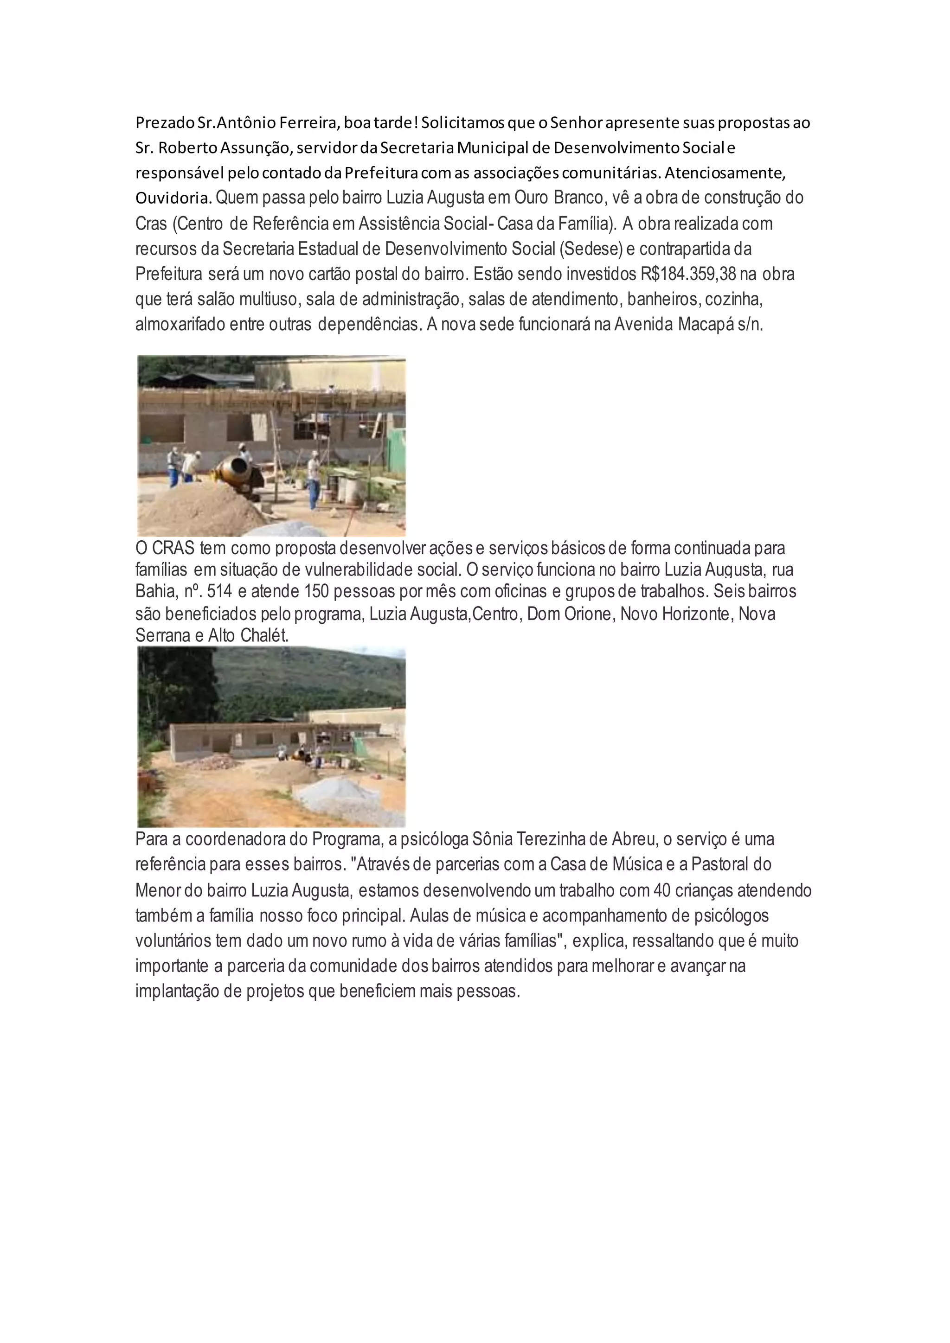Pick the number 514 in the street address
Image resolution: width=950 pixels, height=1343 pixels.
click(219, 592)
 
